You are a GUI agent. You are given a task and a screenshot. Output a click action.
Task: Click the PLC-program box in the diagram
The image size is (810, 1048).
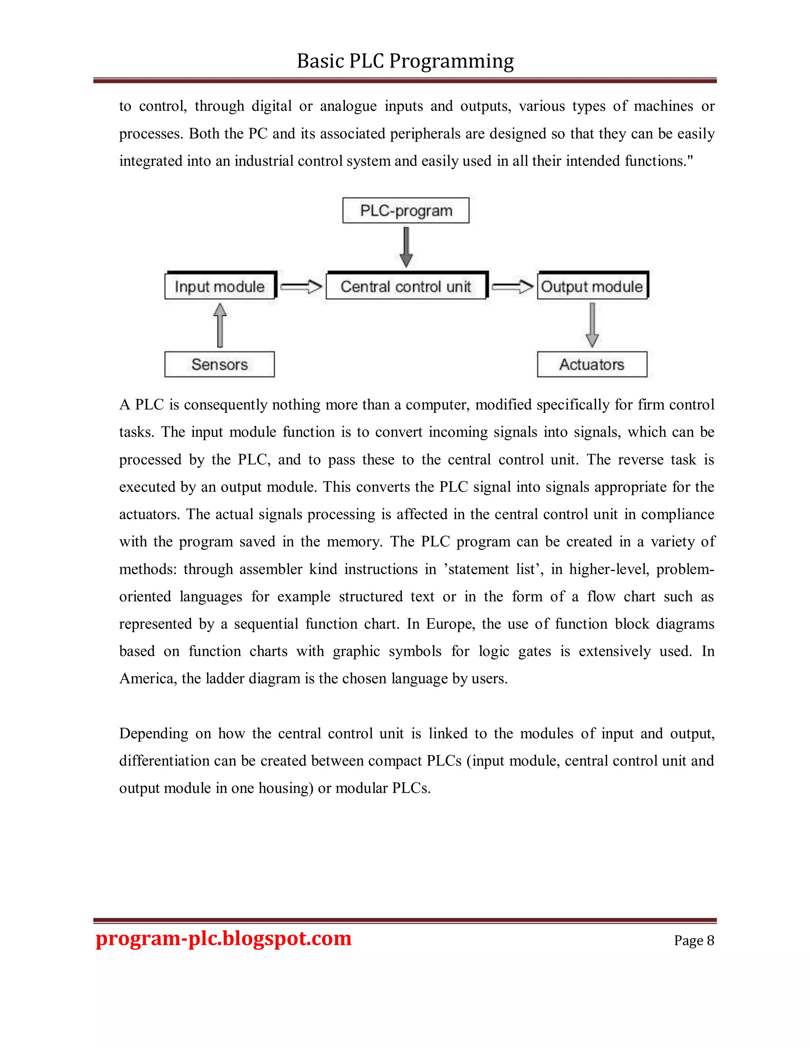pyautogui.click(x=405, y=211)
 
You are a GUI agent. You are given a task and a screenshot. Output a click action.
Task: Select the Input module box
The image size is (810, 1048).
pyautogui.click(x=220, y=286)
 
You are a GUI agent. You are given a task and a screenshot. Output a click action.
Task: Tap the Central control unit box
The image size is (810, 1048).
pyautogui.click(x=405, y=286)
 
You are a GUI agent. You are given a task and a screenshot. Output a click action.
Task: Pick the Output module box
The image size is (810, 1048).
pyautogui.click(x=592, y=286)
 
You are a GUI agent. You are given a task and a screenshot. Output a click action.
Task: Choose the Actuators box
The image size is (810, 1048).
pyautogui.click(x=592, y=365)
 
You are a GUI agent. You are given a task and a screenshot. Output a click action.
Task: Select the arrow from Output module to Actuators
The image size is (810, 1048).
pyautogui.click(x=592, y=325)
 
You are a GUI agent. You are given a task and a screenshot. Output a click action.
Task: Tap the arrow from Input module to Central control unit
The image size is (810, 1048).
pyautogui.click(x=301, y=287)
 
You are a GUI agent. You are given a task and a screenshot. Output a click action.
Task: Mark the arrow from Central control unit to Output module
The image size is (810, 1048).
pyautogui.click(x=512, y=287)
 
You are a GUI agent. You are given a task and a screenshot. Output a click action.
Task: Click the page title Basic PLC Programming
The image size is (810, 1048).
pyautogui.click(x=405, y=61)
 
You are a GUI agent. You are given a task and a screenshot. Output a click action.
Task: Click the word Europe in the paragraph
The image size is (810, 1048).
pyautogui.click(x=449, y=624)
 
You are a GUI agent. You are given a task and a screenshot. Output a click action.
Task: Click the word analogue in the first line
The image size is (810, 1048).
pyautogui.click(x=348, y=106)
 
